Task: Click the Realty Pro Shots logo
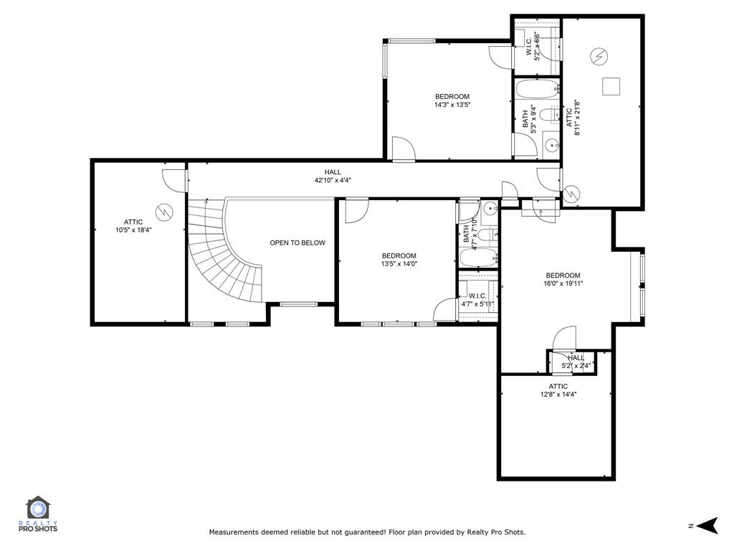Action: [x=41, y=514]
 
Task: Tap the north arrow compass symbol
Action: [x=707, y=526]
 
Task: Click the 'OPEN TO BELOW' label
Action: [x=297, y=242]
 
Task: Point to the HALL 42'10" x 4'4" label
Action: [x=333, y=176]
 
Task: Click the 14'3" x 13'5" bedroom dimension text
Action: [x=452, y=105]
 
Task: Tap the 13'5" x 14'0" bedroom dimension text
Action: [x=399, y=264]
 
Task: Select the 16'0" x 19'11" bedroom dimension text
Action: [x=563, y=283]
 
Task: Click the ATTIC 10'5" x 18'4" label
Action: [x=133, y=226]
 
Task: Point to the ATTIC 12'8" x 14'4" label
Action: [x=558, y=390]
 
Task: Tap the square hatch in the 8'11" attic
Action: [x=610, y=85]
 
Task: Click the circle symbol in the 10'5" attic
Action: [x=166, y=212]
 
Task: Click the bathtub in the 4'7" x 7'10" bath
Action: [x=477, y=258]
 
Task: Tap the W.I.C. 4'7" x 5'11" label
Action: [x=477, y=300]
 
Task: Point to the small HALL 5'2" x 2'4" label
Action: [x=576, y=362]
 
